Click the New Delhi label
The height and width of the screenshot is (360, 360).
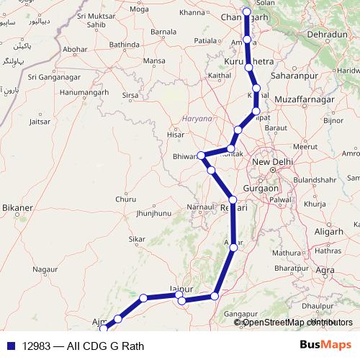271,161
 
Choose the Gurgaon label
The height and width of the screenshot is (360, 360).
261,188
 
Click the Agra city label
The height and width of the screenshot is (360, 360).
325,270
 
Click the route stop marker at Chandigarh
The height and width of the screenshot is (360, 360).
246,12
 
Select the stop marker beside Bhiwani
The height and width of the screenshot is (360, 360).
202,156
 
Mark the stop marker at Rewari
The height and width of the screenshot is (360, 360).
233,200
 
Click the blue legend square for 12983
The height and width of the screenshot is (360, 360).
11,346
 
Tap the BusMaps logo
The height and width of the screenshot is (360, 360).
325,346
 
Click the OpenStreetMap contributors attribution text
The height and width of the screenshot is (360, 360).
293,322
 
